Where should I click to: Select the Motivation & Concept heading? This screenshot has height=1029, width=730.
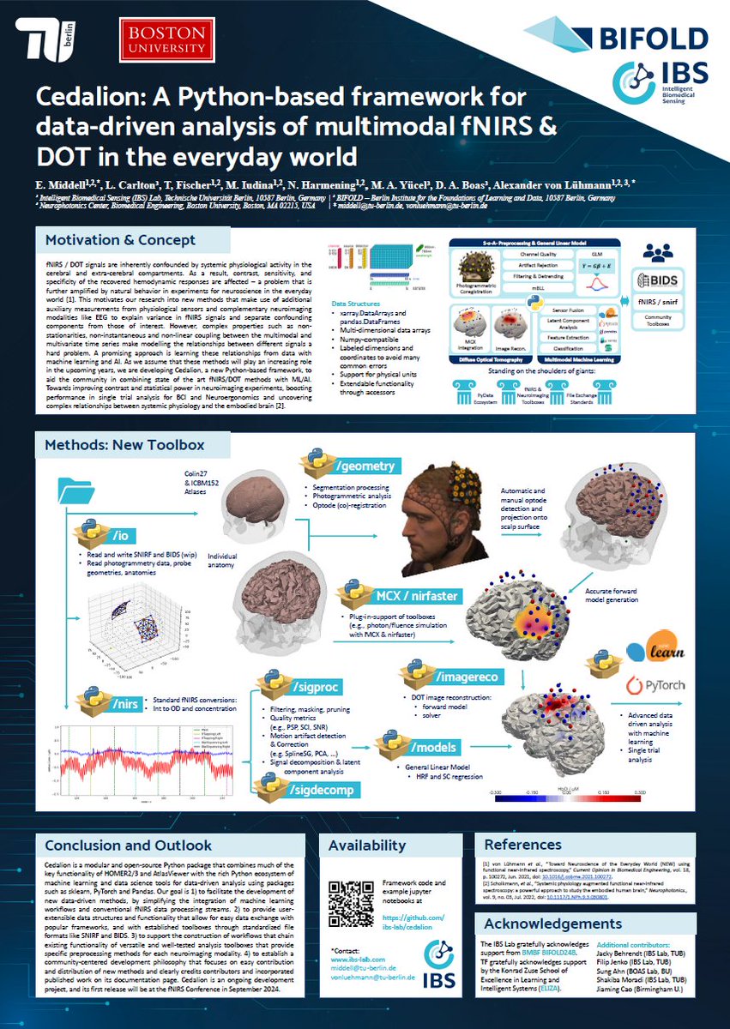[120, 240]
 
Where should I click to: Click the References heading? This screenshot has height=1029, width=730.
[522, 845]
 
